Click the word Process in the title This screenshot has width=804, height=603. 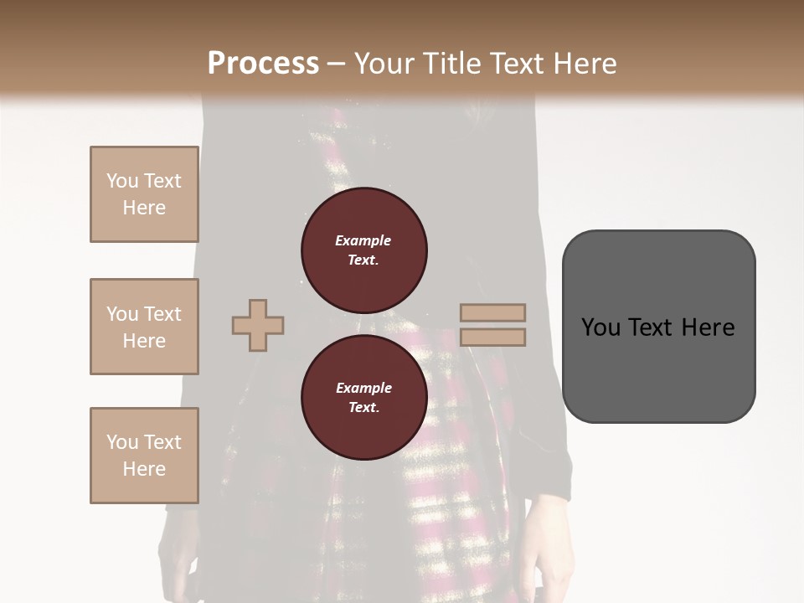(263, 64)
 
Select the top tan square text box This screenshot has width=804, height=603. (144, 194)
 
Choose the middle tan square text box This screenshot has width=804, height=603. (144, 327)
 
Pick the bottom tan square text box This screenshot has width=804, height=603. (144, 456)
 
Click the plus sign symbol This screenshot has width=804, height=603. (258, 326)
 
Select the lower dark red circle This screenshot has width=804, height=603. (364, 397)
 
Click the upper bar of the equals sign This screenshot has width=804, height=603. (492, 313)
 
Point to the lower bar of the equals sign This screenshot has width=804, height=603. (492, 337)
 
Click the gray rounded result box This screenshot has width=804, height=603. (658, 326)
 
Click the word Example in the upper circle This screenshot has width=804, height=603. (363, 240)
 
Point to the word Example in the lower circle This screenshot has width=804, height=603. (363, 388)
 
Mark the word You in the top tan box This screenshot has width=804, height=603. (122, 181)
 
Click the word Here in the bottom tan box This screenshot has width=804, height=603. (144, 469)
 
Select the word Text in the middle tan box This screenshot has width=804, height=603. (162, 314)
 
